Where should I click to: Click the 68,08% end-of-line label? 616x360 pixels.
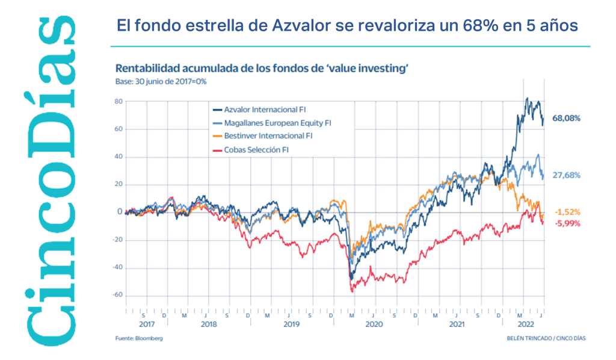[x=567, y=119]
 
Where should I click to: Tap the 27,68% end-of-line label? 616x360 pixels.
[x=567, y=175]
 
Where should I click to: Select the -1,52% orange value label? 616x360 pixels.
[x=567, y=212]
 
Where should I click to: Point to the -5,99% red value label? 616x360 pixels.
[x=567, y=223]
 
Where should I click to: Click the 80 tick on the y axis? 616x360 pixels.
[x=119, y=102]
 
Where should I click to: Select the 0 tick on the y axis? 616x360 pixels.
[x=120, y=213]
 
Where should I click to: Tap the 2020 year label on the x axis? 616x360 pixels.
[x=374, y=324]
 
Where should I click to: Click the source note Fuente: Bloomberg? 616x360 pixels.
[x=139, y=339]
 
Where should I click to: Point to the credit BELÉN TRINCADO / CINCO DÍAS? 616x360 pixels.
[x=546, y=339]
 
